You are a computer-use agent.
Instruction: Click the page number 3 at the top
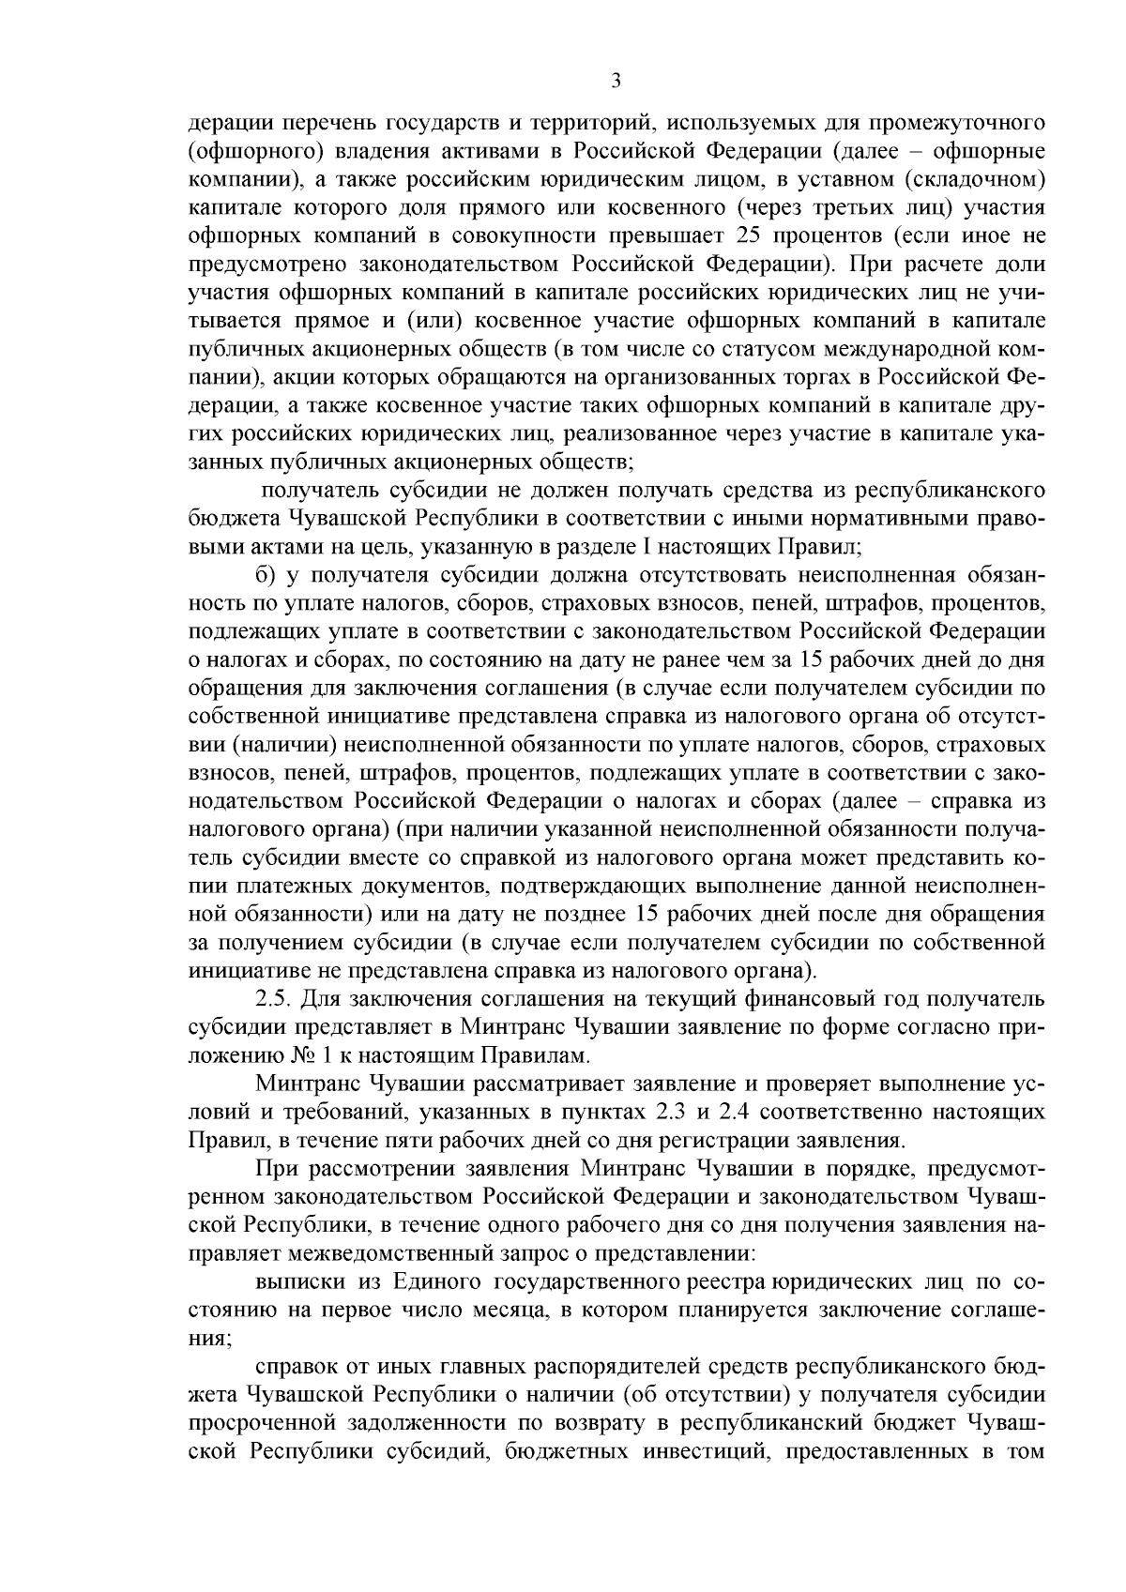(x=616, y=82)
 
